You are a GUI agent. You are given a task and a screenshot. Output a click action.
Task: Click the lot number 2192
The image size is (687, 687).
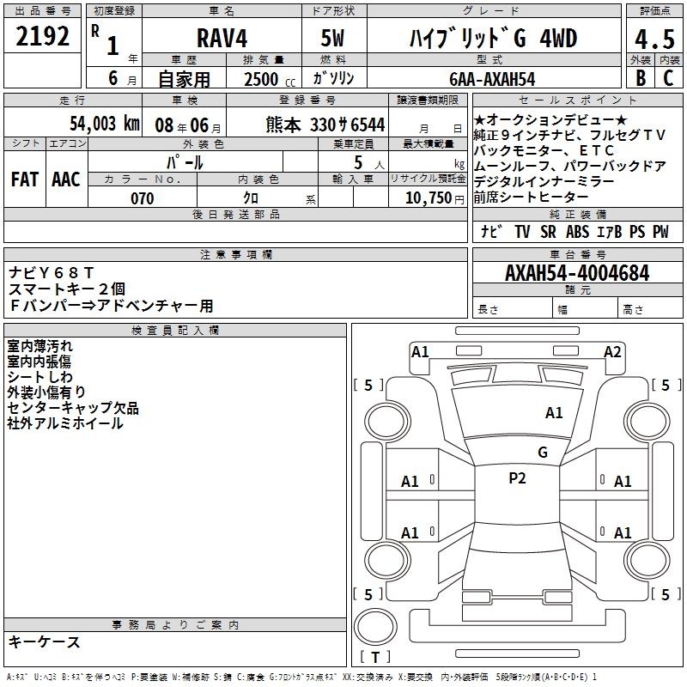(x=42, y=36)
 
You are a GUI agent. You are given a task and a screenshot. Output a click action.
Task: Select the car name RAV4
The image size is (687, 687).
(x=222, y=38)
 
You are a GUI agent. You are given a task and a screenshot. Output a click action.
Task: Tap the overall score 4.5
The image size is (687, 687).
(x=654, y=39)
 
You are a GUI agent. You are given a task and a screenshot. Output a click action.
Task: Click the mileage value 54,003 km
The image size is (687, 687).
(x=105, y=124)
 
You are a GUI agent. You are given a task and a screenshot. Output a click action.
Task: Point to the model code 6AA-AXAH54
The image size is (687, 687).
(x=492, y=79)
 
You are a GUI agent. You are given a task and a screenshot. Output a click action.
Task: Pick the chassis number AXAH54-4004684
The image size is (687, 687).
(x=577, y=273)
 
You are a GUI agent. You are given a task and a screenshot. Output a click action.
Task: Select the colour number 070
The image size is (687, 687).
(x=143, y=198)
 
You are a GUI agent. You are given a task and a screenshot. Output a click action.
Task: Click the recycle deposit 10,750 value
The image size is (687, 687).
(x=428, y=198)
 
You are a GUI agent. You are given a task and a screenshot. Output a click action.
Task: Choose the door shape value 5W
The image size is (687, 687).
(x=332, y=38)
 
